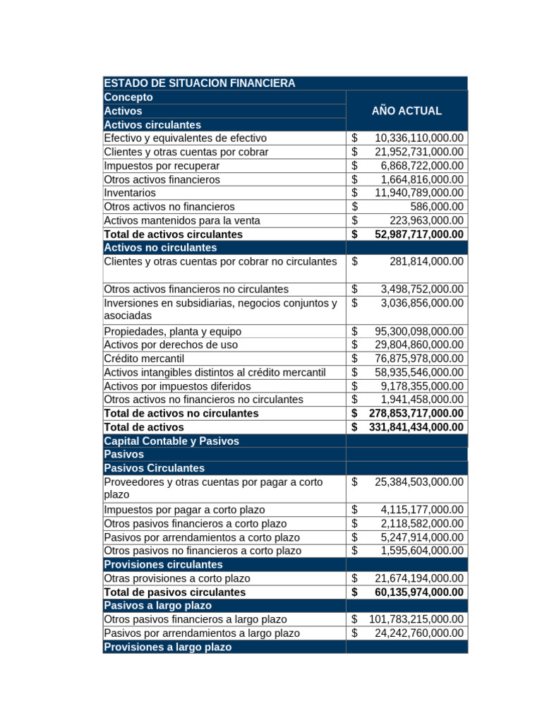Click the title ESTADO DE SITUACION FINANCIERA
pyautogui.click(x=199, y=83)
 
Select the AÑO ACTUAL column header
pyautogui.click(x=406, y=111)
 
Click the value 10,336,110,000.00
pyautogui.click(x=419, y=138)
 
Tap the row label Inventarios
pyautogui.click(x=130, y=193)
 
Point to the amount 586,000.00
pyautogui.click(x=437, y=207)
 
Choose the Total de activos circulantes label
pyautogui.click(x=173, y=234)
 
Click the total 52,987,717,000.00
pyautogui.click(x=419, y=234)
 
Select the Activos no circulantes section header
pyautogui.click(x=160, y=248)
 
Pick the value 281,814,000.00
pyautogui.click(x=426, y=261)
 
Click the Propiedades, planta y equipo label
pyautogui.click(x=172, y=331)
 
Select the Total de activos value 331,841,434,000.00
pyautogui.click(x=416, y=427)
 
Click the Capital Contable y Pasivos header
pyautogui.click(x=171, y=441)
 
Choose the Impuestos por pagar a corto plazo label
pyautogui.click(x=184, y=510)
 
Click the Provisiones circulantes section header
pyautogui.click(x=163, y=565)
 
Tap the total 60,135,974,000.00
pyautogui.click(x=419, y=592)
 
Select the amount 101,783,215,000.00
pyautogui.click(x=416, y=620)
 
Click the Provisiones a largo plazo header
pyautogui.click(x=167, y=647)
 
